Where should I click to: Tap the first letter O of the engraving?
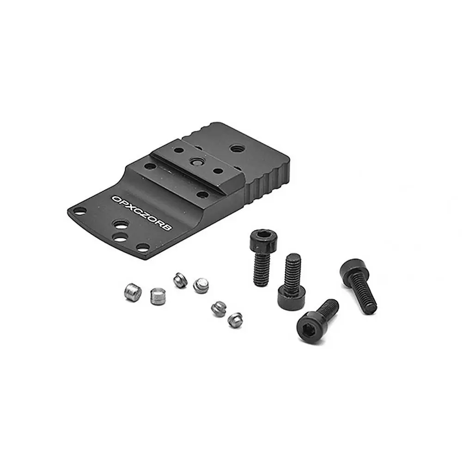click(x=115, y=198)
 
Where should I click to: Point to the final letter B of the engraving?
click(x=168, y=227)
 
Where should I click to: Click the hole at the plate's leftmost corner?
click(x=79, y=211)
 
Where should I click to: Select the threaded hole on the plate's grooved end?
click(x=236, y=148)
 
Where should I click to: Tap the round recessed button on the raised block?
click(x=195, y=161)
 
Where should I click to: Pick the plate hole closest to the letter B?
click(x=143, y=247)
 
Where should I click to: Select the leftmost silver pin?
click(x=133, y=292)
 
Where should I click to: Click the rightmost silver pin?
click(x=235, y=320)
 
